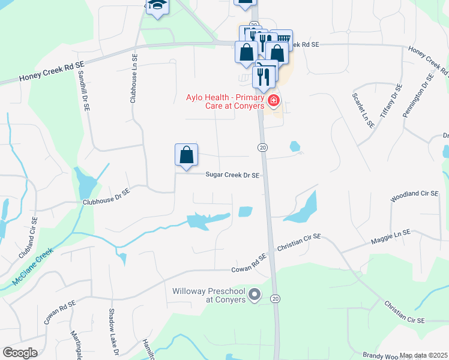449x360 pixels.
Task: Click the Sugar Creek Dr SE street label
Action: [x=232, y=175]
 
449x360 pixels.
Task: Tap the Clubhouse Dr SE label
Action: [x=106, y=198]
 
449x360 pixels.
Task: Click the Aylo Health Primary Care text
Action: [x=225, y=101]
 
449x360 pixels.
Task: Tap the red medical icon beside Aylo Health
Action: [x=274, y=100]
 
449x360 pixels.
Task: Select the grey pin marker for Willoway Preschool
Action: [x=255, y=295]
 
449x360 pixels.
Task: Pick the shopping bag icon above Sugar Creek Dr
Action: [x=187, y=155]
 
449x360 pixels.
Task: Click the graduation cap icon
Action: [x=157, y=5]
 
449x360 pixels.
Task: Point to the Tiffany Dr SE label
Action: [x=389, y=101]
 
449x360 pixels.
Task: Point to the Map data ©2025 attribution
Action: [x=423, y=355]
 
